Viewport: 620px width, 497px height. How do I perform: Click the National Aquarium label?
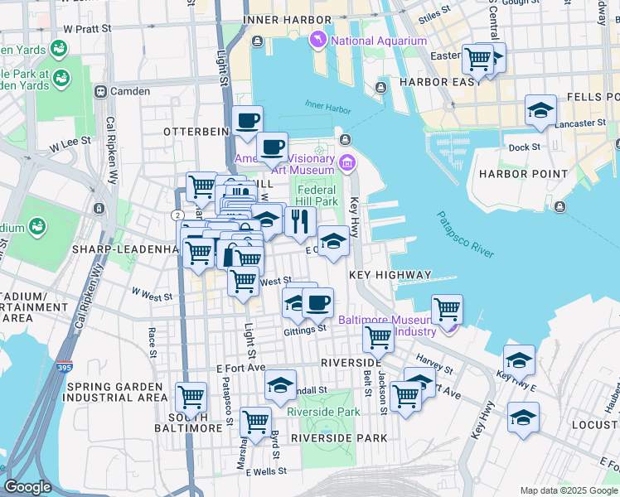(379, 41)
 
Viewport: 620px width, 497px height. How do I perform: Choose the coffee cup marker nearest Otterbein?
(247, 121)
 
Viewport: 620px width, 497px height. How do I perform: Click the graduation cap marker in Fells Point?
(540, 110)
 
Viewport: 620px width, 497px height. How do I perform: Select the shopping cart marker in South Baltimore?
(191, 397)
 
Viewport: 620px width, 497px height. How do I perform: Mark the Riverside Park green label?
(323, 412)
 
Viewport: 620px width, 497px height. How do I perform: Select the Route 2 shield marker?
(177, 215)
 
